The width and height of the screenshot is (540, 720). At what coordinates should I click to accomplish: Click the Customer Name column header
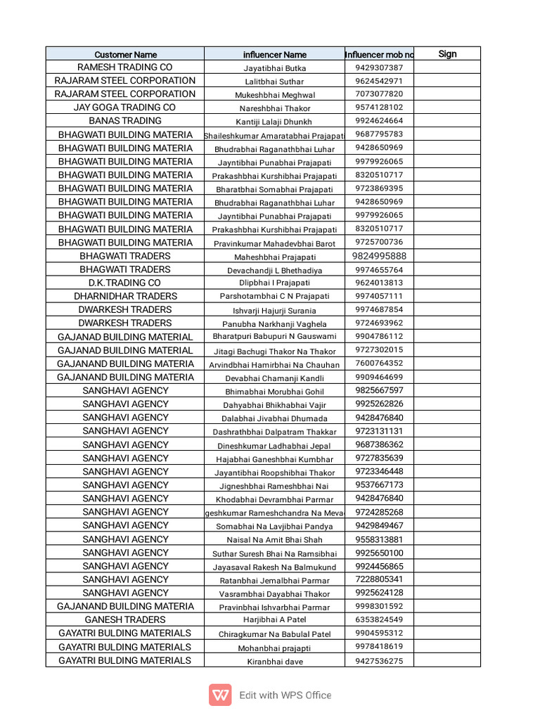point(125,54)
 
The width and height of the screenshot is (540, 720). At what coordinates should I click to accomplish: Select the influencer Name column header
point(275,54)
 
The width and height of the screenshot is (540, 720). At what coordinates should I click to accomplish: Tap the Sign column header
point(447,53)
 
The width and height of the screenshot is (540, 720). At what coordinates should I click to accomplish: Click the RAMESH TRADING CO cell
point(125,67)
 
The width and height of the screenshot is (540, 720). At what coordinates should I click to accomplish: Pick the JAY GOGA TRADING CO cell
point(125,108)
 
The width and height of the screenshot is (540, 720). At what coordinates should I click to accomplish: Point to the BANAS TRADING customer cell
point(125,121)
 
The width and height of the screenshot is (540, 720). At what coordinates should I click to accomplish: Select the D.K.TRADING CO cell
point(125,283)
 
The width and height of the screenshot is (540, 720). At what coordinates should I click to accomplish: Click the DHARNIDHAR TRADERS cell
point(125,296)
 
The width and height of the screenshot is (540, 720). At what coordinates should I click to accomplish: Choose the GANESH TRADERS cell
point(125,619)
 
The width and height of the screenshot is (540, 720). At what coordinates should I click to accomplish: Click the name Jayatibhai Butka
point(275,68)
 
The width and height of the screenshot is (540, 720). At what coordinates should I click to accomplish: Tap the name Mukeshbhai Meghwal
point(275,95)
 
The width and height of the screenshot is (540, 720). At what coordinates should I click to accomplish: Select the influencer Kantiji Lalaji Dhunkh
point(275,122)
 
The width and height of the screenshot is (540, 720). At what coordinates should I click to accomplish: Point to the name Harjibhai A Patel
point(275,620)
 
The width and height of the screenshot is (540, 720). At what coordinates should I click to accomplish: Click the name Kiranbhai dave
point(275,661)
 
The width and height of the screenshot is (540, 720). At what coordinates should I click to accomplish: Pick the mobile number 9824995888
point(379,256)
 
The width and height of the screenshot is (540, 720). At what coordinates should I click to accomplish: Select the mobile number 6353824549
point(379,619)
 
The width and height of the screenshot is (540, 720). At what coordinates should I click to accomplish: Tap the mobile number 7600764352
point(379,364)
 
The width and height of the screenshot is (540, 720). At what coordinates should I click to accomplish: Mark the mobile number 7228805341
point(379,579)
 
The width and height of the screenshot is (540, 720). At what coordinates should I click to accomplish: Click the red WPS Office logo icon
point(220,695)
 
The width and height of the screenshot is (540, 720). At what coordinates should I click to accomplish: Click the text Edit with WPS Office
point(285,695)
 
